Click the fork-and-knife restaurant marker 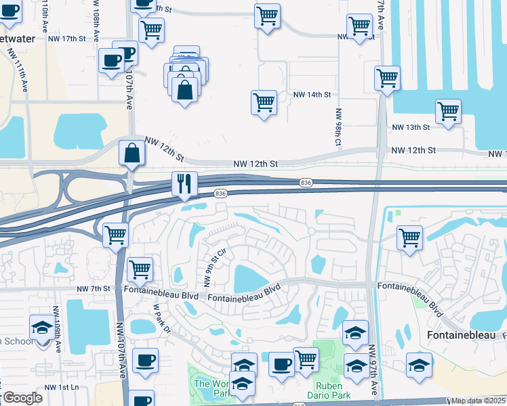(184, 183)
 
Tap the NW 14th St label (312, 95)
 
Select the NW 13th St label (411, 127)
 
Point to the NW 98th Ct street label (337, 128)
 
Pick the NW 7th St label (94, 289)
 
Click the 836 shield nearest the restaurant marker (220, 194)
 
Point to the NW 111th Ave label (24, 75)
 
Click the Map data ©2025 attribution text (478, 401)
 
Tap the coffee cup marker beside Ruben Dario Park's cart (281, 363)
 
